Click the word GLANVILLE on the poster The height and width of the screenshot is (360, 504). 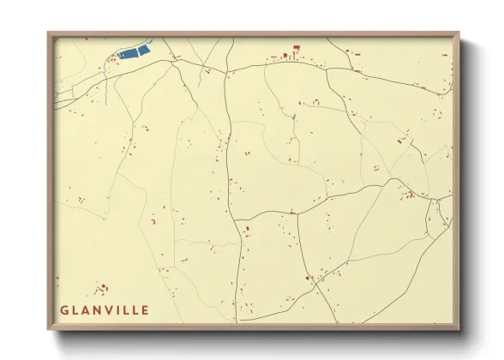coord(105,310)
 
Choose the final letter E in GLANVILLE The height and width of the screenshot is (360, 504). coord(144,310)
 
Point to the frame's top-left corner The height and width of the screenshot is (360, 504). coord(49,33)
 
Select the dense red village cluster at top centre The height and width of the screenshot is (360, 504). coord(287,58)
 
